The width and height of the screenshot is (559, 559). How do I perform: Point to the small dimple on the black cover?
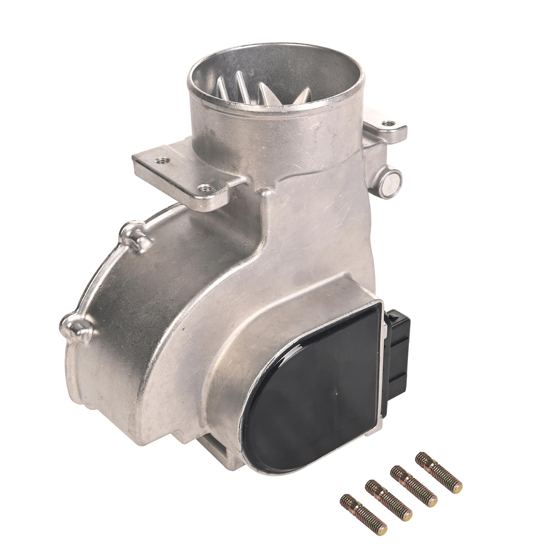point(336,393)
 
